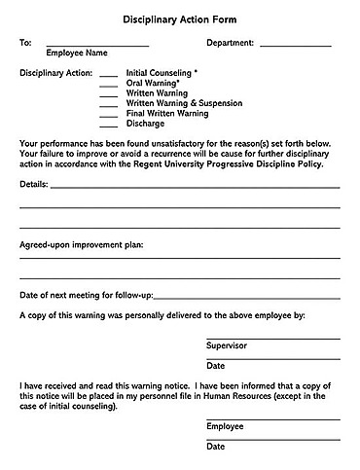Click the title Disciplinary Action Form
tap(179, 18)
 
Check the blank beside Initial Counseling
tap(109, 75)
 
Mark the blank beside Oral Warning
tap(109, 85)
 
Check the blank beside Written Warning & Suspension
tap(109, 104)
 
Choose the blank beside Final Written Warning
tap(109, 114)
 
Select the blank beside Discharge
tap(109, 124)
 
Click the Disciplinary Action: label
tap(54, 73)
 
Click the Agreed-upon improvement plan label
tap(81, 244)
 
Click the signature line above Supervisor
tap(272, 338)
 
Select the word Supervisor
tap(227, 345)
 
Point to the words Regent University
tap(175, 163)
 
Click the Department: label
tap(231, 44)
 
